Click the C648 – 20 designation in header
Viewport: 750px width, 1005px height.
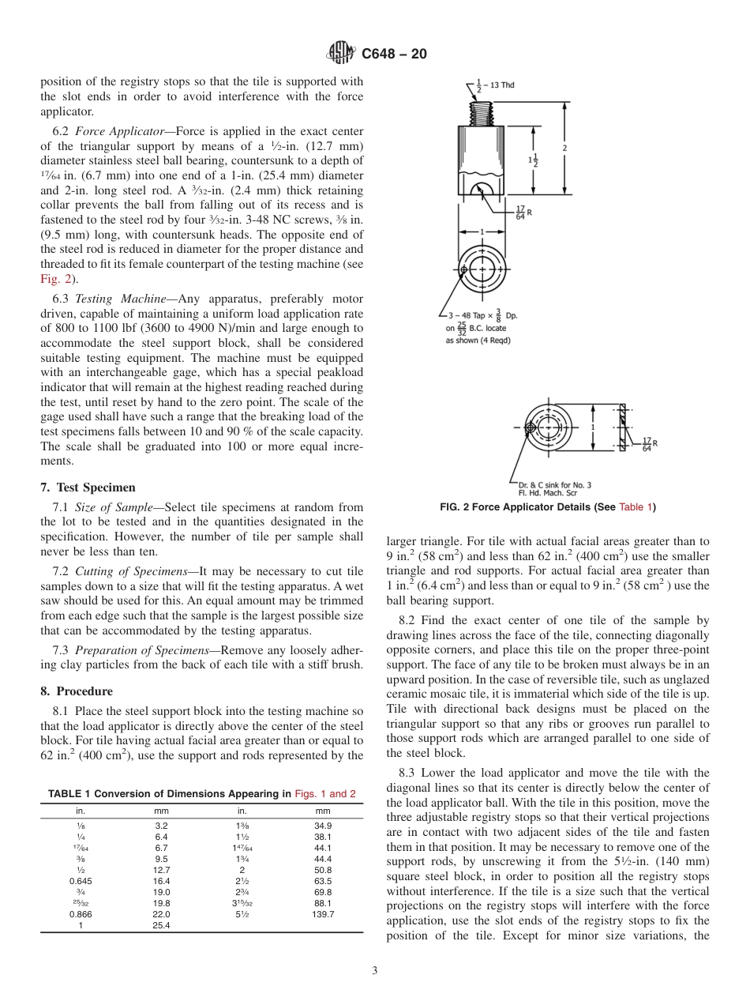[x=393, y=54]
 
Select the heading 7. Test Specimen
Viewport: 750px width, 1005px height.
[x=88, y=487]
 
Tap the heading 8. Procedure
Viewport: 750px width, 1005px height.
[x=77, y=691]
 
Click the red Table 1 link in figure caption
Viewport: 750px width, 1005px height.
[x=636, y=507]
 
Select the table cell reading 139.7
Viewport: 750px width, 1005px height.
[x=323, y=913]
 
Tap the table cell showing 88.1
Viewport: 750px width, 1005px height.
[x=323, y=902]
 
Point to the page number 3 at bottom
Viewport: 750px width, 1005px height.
[x=374, y=971]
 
